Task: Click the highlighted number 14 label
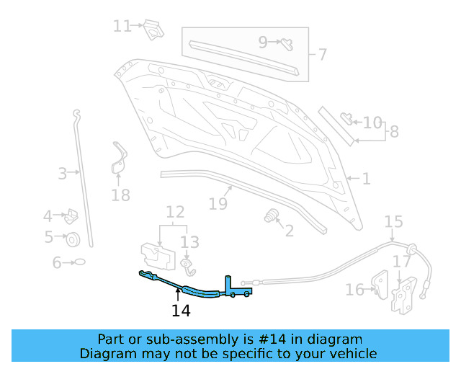pyautogui.click(x=181, y=311)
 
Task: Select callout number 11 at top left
pyautogui.click(x=122, y=26)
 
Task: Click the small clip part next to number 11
pyautogui.click(x=152, y=30)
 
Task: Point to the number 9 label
pyautogui.click(x=263, y=42)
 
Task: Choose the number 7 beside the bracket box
pyautogui.click(x=323, y=54)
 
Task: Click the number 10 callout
pyautogui.click(x=372, y=123)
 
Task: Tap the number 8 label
pyautogui.click(x=393, y=132)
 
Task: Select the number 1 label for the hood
pyautogui.click(x=366, y=178)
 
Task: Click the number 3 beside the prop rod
pyautogui.click(x=63, y=173)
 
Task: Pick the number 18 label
pyautogui.click(x=121, y=195)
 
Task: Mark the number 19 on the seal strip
pyautogui.click(x=218, y=203)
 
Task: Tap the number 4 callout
pyautogui.click(x=48, y=215)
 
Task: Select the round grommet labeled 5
pyautogui.click(x=73, y=239)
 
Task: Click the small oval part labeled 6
pyautogui.click(x=80, y=262)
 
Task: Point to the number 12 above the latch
pyautogui.click(x=175, y=212)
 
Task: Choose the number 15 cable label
pyautogui.click(x=393, y=221)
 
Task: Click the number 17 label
pyautogui.click(x=401, y=262)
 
